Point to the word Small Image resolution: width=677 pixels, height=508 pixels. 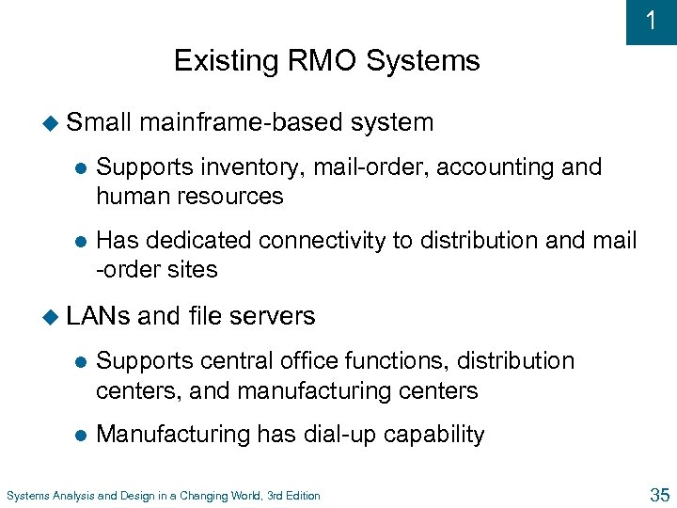(101, 122)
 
